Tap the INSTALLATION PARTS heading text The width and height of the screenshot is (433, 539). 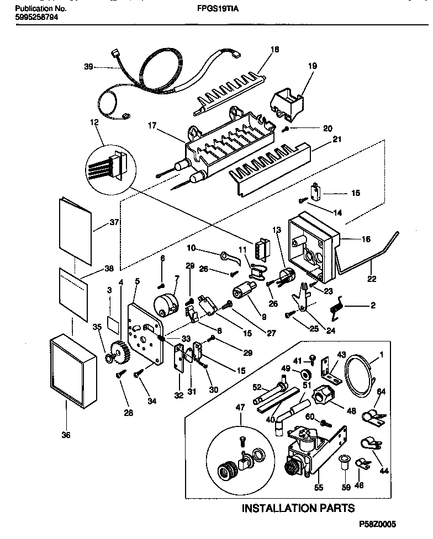click(x=298, y=508)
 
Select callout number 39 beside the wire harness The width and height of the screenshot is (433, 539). click(x=88, y=67)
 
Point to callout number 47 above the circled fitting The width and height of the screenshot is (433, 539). click(x=240, y=408)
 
